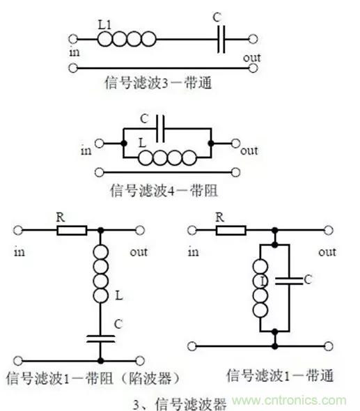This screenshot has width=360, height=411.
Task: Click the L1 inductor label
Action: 105,25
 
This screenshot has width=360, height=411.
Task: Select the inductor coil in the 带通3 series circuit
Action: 127,39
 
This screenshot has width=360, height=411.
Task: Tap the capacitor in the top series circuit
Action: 221,39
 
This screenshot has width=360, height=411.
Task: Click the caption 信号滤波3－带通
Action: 158,83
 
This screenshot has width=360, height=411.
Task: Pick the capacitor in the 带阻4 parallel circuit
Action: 160,128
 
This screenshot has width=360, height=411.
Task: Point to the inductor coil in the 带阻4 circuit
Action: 167,158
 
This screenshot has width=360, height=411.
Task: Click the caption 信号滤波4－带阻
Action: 164,190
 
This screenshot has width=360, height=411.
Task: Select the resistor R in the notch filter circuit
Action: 72,231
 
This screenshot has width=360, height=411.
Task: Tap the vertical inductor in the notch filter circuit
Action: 100,274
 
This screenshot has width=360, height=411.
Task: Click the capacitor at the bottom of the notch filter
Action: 100,339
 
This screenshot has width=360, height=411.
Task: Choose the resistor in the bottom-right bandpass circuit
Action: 230,231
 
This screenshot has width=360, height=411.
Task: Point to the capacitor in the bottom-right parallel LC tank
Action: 289,281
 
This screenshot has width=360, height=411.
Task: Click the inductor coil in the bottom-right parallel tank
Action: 260,288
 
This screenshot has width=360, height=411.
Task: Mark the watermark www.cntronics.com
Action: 289,401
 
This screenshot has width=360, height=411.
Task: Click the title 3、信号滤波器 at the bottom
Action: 180,403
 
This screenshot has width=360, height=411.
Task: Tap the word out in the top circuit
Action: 252,58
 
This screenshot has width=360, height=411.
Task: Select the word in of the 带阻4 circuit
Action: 86,150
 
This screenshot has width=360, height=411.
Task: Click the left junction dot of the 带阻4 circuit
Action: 124,144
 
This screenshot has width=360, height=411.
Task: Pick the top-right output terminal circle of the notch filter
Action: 140,231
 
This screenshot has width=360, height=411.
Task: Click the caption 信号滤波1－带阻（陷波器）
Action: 93,378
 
